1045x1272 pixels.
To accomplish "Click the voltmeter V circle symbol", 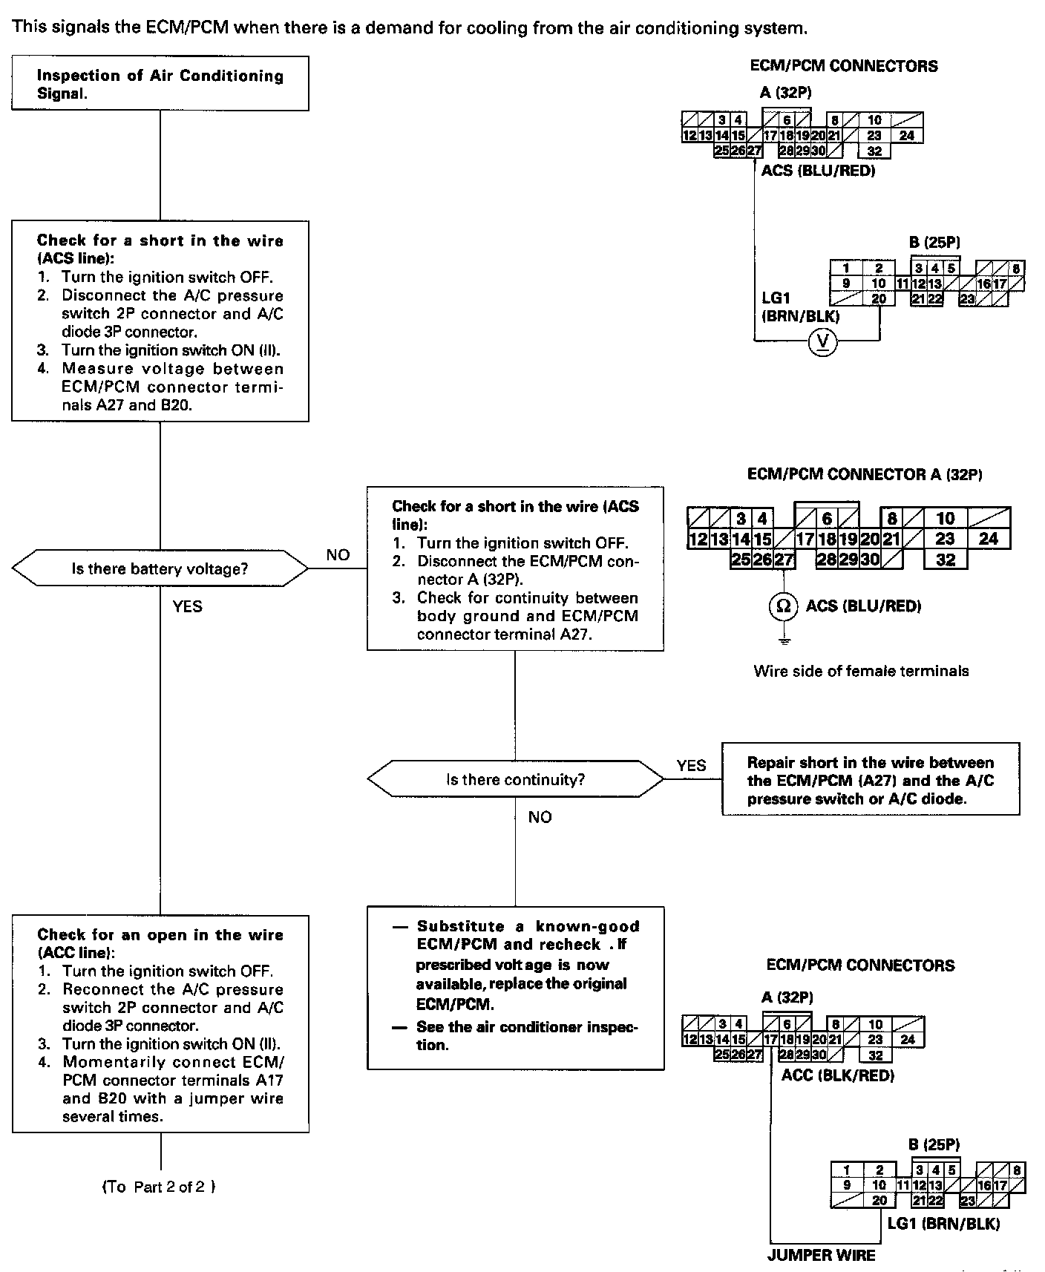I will click(822, 341).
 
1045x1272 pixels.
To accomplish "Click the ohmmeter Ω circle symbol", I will click(782, 606).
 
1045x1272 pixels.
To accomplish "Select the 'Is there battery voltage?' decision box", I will click(160, 569).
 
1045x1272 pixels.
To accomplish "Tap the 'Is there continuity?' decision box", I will click(515, 779).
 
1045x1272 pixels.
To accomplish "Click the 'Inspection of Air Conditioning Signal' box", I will click(160, 84).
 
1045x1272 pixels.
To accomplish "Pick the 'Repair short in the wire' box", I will click(871, 780).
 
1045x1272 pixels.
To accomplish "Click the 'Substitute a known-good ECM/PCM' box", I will click(515, 987).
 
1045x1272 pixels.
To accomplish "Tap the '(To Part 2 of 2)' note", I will click(159, 1187).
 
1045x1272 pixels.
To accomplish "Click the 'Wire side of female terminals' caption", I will click(861, 671).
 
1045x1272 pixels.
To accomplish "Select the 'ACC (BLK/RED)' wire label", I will click(838, 1075).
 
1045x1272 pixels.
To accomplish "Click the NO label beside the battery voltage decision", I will click(338, 555).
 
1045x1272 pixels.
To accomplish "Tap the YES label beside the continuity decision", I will click(692, 765).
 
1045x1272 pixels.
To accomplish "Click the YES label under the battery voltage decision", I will click(187, 606).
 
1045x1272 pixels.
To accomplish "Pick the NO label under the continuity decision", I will click(540, 817).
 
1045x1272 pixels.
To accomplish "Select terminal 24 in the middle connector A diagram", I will click(988, 539).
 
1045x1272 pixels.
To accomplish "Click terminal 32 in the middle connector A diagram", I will click(945, 559).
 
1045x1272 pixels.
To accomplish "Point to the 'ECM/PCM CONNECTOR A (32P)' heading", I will click(865, 473).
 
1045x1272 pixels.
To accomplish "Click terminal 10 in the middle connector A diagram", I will click(945, 518).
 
